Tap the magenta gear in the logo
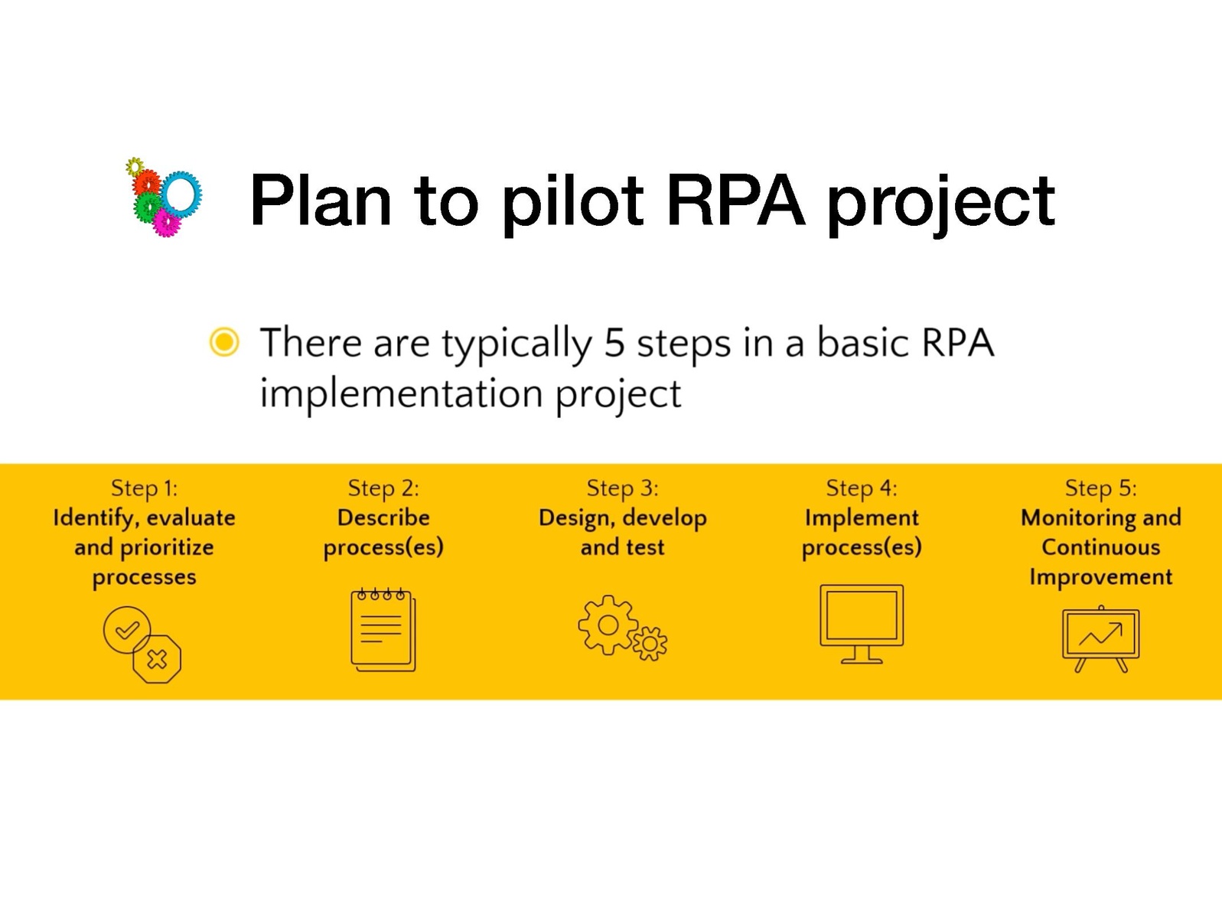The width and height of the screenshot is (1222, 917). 166,223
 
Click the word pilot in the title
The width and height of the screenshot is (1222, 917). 572,201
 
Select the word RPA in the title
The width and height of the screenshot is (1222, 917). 735,201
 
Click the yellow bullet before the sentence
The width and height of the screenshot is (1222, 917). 224,341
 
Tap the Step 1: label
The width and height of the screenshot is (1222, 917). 144,488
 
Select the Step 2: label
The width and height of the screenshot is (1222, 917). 383,488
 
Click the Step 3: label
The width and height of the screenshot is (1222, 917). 622,488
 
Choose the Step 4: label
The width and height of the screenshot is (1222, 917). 861,488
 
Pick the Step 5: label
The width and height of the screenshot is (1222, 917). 1100,488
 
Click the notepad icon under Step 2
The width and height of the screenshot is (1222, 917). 383,630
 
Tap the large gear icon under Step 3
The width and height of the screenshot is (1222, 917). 608,625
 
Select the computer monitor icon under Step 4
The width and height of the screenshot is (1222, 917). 862,623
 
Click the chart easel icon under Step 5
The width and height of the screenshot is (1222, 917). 1100,638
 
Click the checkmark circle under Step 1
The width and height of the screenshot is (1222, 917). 126,630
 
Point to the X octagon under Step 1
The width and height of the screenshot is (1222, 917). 157,658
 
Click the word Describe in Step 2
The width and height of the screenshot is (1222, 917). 383,517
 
